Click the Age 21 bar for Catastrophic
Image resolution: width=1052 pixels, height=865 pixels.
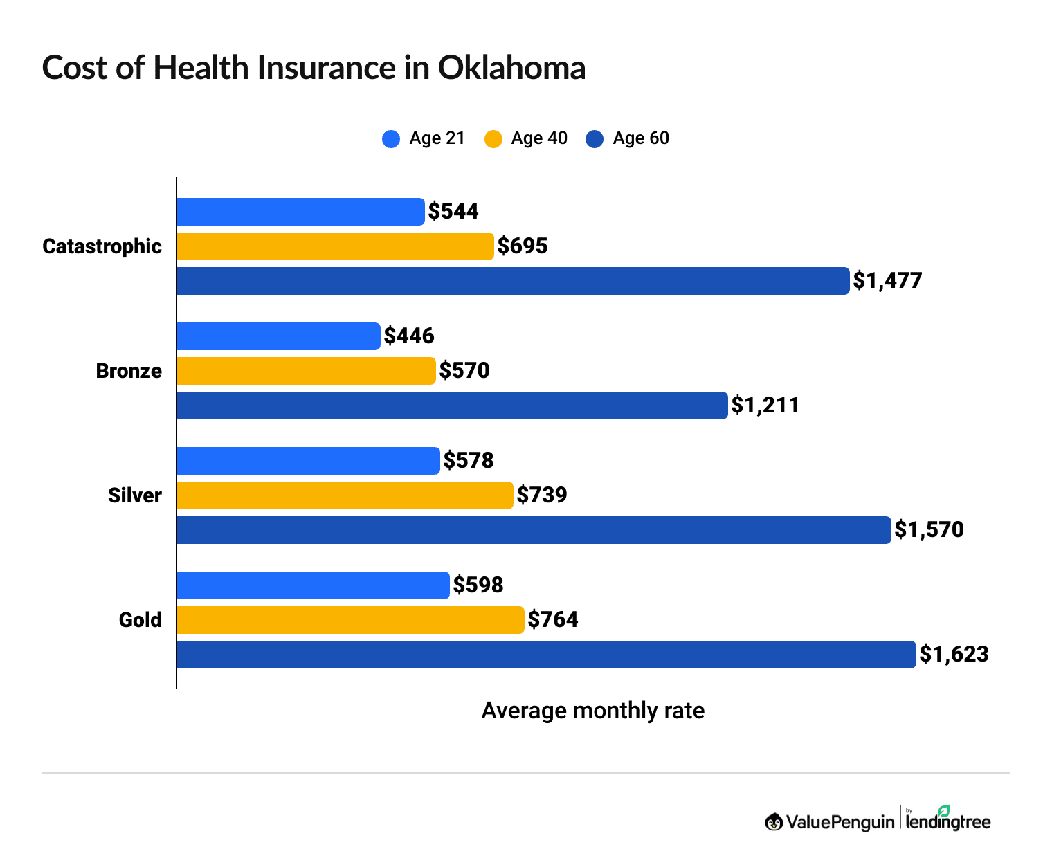[x=300, y=212]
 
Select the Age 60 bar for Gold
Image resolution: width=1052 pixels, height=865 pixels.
[x=546, y=655]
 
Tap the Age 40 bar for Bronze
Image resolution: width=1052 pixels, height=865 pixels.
[x=306, y=371]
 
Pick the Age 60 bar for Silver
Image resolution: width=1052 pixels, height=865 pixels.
[x=534, y=530]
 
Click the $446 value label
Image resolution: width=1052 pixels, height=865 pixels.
[x=409, y=336]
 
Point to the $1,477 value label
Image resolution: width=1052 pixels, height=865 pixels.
[x=887, y=281]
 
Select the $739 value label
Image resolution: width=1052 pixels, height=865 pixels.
[x=542, y=495]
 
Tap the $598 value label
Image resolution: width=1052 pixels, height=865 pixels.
[x=478, y=585]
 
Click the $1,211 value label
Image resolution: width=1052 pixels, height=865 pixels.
[x=765, y=406]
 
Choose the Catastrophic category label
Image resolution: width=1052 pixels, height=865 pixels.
[x=102, y=246]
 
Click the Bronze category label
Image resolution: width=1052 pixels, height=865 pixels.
[x=129, y=371]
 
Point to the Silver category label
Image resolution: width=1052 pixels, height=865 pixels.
[x=134, y=495]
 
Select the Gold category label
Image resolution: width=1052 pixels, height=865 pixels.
[x=140, y=620]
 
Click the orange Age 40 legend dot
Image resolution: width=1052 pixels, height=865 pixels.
[x=493, y=139]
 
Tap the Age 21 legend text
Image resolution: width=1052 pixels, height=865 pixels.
[x=437, y=138]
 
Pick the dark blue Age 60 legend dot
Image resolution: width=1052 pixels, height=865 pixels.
[x=595, y=139]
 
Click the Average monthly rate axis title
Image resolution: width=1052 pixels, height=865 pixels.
[x=592, y=711]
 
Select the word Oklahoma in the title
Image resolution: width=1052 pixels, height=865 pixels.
[x=511, y=68]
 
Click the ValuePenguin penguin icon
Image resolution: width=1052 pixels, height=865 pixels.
[x=774, y=822]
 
